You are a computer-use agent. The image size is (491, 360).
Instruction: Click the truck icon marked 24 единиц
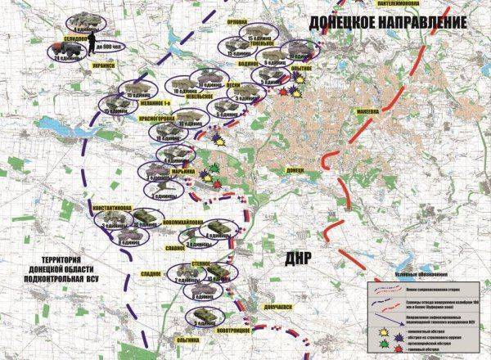67,47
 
